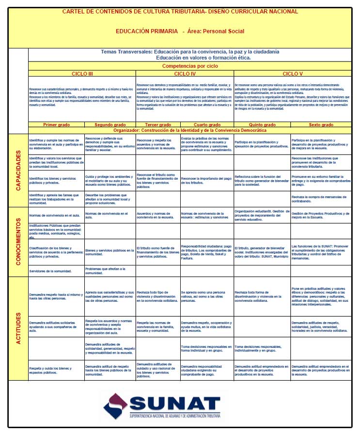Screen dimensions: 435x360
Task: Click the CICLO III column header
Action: [x=82, y=74]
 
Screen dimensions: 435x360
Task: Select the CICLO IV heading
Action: [x=185, y=74]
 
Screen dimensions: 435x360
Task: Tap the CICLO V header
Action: [x=293, y=74]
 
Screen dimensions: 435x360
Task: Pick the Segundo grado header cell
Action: [x=110, y=125]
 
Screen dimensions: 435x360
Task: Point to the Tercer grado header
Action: [x=158, y=125]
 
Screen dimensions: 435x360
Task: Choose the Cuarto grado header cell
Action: [x=207, y=125]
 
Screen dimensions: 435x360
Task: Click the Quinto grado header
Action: [x=262, y=125]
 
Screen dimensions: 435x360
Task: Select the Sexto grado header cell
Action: [x=321, y=125]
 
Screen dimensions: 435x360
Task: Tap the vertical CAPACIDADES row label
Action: [x=18, y=171]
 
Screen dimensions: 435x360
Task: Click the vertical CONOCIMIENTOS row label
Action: [x=18, y=242]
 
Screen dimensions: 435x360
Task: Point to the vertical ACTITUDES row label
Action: [x=18, y=328]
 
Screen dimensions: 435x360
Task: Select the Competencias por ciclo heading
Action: [x=190, y=65]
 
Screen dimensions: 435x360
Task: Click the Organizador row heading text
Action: [x=190, y=131]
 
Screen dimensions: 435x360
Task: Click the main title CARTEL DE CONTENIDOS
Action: [x=180, y=12]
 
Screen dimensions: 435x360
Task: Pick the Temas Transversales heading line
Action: [x=190, y=51]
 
